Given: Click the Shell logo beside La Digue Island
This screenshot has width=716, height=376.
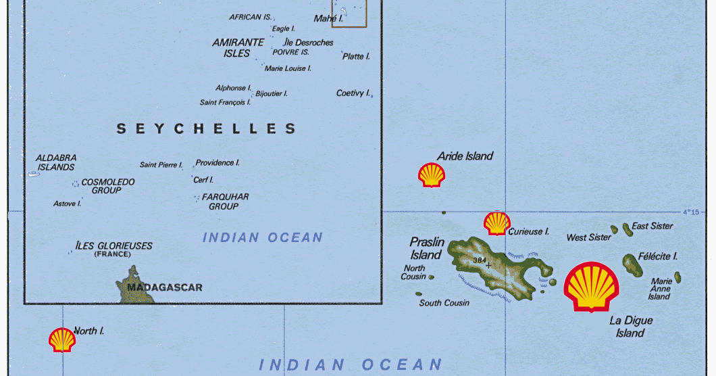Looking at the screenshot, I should tap(590, 287).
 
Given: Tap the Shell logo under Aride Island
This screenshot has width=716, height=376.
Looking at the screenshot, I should tap(432, 175).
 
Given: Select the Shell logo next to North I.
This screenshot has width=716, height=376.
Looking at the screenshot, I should tap(62, 339).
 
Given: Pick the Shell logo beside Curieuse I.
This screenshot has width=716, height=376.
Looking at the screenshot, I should tap(496, 223).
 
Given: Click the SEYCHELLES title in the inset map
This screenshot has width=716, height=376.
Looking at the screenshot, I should tap(206, 128).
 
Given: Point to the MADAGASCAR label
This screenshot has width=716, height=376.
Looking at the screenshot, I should tap(164, 287).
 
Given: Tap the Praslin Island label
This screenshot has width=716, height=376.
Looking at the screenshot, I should tap(426, 248).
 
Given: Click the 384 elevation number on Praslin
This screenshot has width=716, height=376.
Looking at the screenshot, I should tap(480, 260).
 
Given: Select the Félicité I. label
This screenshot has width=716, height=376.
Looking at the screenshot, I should tap(659, 256).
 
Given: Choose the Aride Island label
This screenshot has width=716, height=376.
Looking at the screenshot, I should tap(465, 156).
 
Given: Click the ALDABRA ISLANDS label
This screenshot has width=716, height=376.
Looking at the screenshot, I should tap(56, 162).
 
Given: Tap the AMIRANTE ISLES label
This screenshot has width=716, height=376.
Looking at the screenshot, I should tap(237, 47).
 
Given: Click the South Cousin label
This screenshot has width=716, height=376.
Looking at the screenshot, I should tap(444, 303).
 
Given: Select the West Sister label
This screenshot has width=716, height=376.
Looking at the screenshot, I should tap(588, 237).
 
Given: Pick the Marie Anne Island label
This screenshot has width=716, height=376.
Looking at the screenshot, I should tap(660, 289).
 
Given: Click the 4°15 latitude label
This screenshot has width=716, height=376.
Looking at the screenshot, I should tap(690, 212).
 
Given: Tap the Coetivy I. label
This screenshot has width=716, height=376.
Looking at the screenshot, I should tap(353, 93).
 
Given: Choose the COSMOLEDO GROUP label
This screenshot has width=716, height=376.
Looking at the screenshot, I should tap(107, 186).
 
